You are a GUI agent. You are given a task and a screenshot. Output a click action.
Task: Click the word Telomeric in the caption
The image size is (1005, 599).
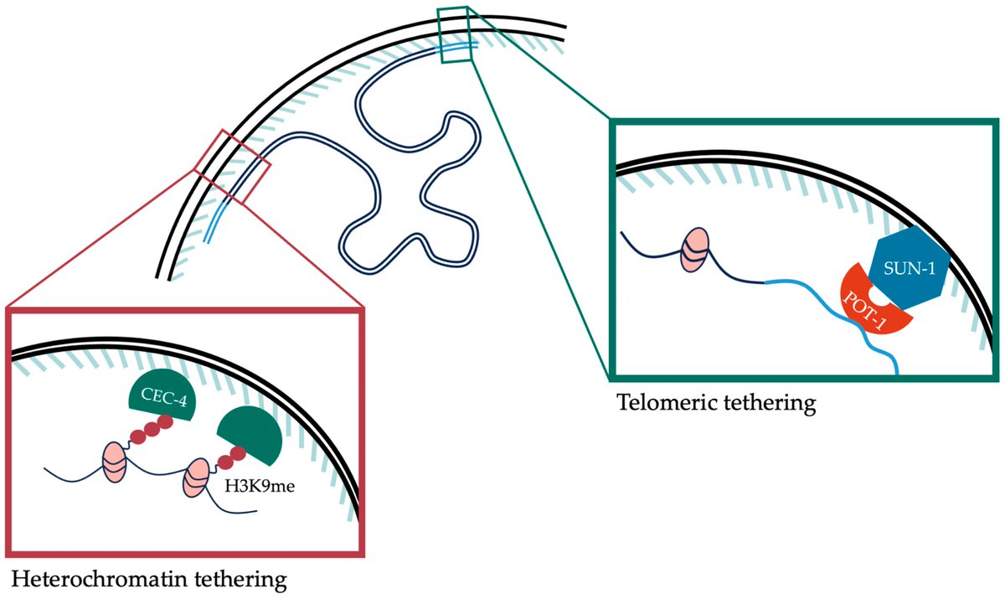tap(662, 403)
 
